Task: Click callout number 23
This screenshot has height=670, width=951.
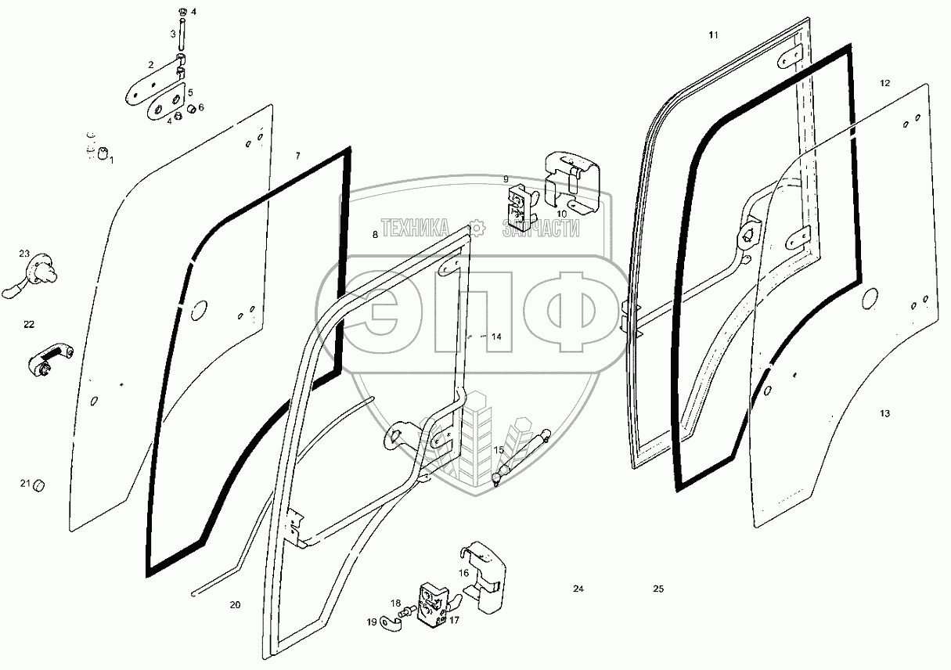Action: [x=24, y=254]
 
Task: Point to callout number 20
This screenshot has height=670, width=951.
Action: [x=235, y=605]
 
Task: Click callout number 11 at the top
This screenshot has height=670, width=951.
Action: [x=712, y=35]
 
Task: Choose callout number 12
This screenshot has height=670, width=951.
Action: [x=884, y=82]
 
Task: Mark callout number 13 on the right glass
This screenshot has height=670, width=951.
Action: [x=884, y=413]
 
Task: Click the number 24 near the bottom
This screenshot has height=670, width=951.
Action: [x=578, y=589]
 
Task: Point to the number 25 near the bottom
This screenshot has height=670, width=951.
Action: [x=658, y=589]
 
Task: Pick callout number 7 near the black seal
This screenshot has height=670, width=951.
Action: [x=297, y=157]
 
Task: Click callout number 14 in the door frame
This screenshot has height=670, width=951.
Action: [x=496, y=337]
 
